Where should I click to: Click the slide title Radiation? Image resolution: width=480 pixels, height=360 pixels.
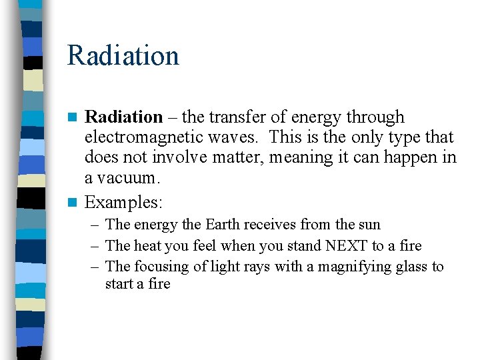click(x=123, y=55)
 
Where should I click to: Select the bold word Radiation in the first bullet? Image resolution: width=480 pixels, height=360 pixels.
click(x=123, y=117)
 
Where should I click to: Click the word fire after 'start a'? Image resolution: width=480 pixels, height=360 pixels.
click(x=159, y=284)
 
